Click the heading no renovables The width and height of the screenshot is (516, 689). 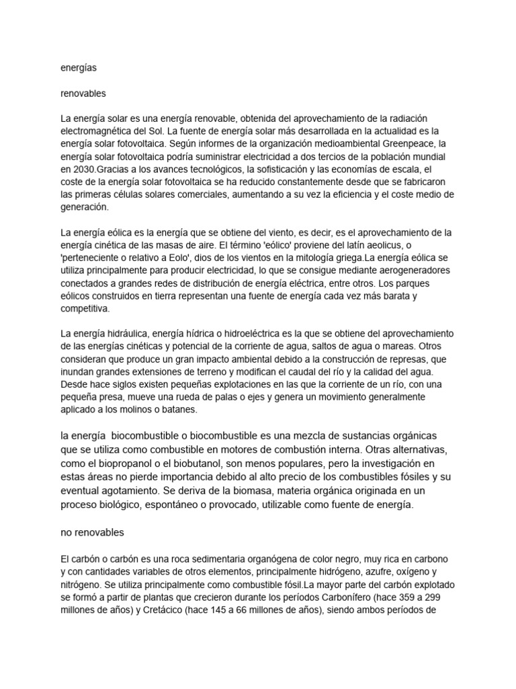tap(93, 532)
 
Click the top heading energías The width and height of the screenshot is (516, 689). tap(79, 68)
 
